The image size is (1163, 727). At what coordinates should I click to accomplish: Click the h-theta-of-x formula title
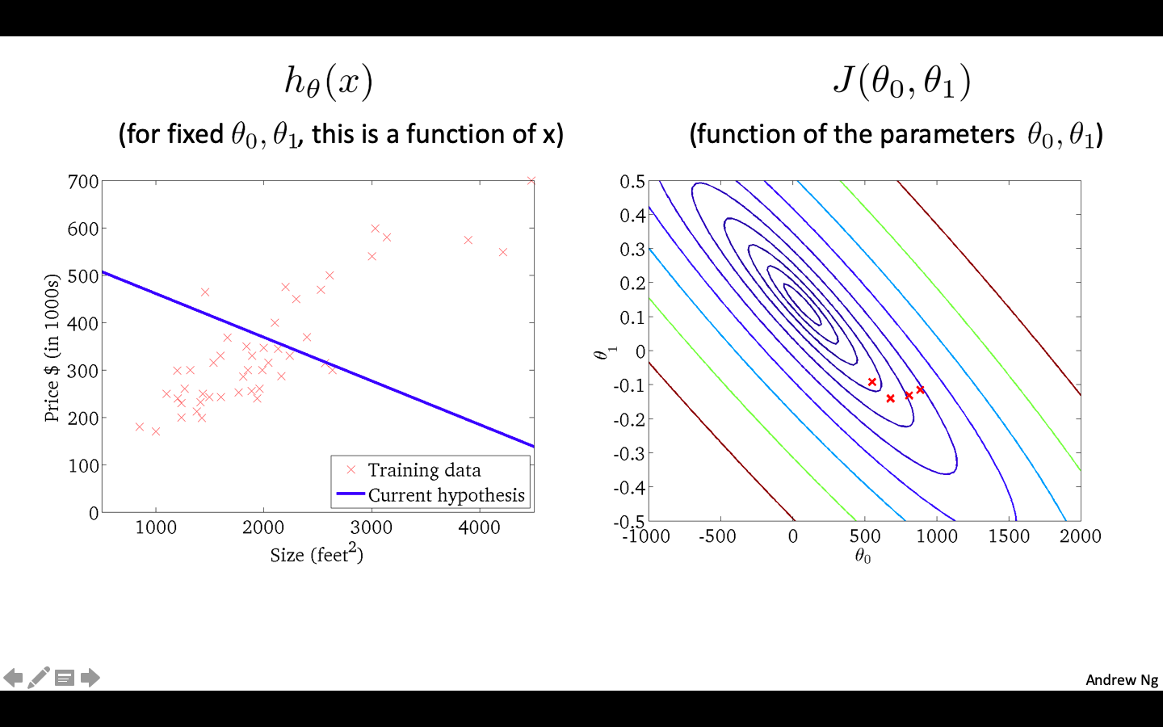click(x=329, y=82)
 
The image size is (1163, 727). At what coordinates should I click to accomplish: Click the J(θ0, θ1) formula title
click(x=901, y=82)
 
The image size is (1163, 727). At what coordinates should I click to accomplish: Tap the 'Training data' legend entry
click(x=424, y=470)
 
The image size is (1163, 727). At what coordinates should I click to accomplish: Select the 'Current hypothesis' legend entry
click(x=446, y=495)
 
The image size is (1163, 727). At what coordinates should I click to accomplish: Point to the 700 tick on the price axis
click(x=83, y=182)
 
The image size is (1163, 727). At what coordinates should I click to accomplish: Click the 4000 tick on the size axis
click(x=479, y=527)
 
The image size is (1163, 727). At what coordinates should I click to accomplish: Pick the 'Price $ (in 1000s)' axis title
click(x=52, y=348)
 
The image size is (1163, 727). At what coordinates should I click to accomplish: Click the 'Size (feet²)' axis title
click(x=317, y=555)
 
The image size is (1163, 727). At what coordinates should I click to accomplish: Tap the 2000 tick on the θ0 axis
click(x=1080, y=536)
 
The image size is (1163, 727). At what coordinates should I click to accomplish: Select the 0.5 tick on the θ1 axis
click(x=632, y=182)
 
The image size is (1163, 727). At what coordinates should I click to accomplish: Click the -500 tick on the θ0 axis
click(x=717, y=536)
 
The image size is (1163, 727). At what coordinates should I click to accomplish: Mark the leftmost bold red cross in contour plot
click(x=872, y=382)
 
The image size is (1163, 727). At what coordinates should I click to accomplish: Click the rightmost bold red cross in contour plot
click(x=921, y=389)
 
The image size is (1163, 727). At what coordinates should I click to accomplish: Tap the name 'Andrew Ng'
click(x=1121, y=680)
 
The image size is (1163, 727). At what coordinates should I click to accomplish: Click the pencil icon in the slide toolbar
click(x=38, y=678)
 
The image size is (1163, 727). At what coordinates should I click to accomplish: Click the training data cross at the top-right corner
click(x=531, y=181)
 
